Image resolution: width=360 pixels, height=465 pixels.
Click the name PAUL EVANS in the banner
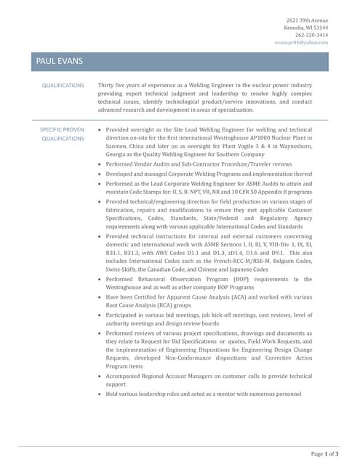tap(59, 62)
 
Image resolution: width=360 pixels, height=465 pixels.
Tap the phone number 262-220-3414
tap(311, 35)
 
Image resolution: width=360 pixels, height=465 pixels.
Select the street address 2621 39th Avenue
tap(307, 20)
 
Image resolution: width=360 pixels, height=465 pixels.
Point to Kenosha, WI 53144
tap(308, 28)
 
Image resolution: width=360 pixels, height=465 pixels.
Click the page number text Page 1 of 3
tap(324, 454)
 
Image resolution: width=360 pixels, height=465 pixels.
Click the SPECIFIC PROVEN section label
tap(62, 129)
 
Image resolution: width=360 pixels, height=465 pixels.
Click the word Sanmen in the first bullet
tap(116, 145)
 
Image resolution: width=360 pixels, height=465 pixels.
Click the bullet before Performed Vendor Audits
tap(100, 165)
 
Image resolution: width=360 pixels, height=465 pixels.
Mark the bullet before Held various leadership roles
tap(100, 393)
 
